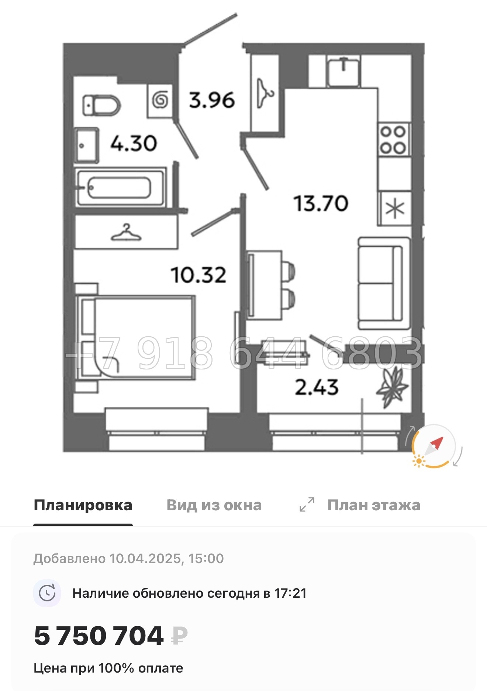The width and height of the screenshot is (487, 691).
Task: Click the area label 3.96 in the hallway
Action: coord(212,100)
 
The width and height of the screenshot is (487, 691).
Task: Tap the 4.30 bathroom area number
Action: coord(134,143)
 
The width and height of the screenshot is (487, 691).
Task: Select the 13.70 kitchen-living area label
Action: coord(321,204)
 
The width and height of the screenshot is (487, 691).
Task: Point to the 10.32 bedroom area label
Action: coord(198,275)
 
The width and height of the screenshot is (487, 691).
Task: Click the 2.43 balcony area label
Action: coord(317,388)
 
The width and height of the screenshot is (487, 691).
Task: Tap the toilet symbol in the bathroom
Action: coord(101,105)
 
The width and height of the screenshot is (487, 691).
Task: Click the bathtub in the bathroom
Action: coord(120,188)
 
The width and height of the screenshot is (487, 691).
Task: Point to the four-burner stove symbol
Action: coord(393,140)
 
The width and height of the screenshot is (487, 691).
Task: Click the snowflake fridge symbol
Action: coord(395,209)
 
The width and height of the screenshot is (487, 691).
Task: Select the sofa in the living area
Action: coord(384,283)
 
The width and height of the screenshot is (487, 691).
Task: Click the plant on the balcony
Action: coord(392,387)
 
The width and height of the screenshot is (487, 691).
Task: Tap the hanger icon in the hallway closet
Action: coord(265,94)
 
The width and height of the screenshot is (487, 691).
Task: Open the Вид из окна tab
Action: coord(214,505)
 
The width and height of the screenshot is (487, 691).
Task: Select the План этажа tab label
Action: coord(373,505)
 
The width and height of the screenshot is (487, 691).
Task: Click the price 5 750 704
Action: coord(99,636)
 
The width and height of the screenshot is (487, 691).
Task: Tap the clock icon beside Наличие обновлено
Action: coord(47,593)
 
